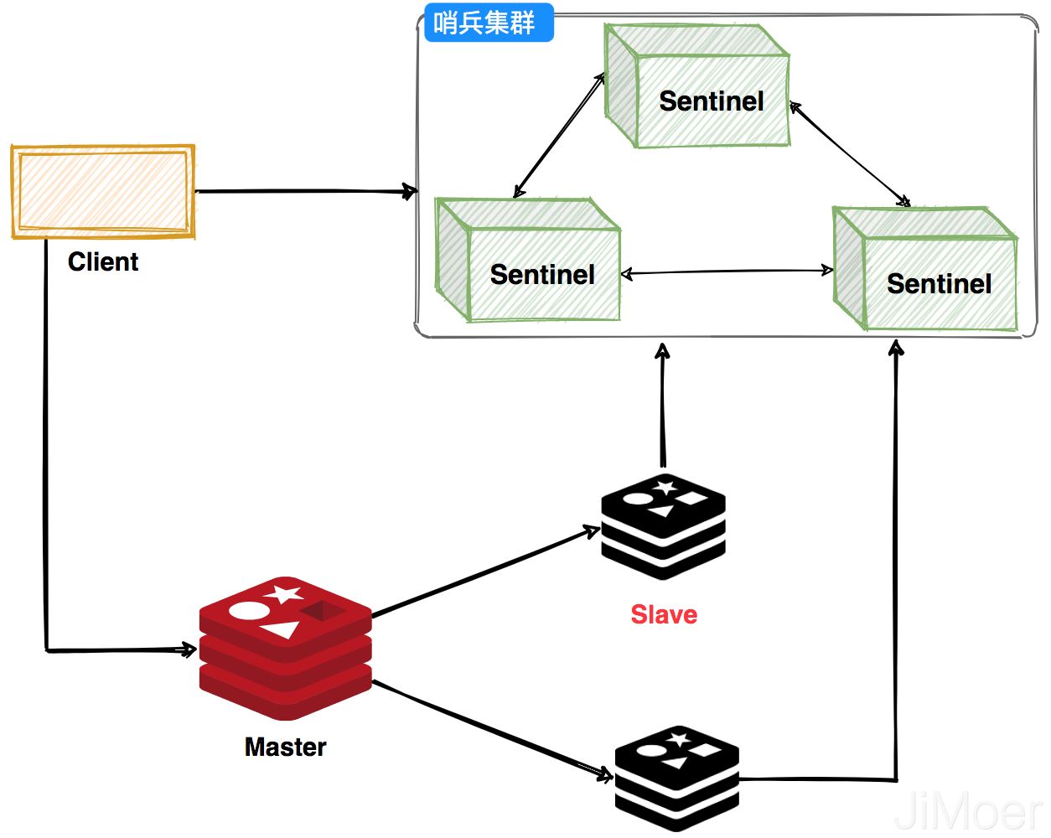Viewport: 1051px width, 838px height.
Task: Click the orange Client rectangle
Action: (103, 192)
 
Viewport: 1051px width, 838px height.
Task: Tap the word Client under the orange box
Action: (103, 262)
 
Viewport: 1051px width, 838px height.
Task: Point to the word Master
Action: (285, 747)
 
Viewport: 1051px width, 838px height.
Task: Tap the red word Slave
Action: (664, 614)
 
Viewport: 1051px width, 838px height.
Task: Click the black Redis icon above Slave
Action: (663, 526)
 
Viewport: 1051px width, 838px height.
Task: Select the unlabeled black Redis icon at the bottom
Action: (676, 779)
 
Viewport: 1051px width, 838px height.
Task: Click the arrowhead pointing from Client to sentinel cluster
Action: (410, 192)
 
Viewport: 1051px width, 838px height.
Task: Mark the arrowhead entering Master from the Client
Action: (188, 649)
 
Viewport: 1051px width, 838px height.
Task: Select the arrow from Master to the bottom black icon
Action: (494, 729)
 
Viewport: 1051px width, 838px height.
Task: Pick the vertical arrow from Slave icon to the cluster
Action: (663, 406)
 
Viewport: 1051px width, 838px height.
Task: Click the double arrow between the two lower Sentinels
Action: (727, 272)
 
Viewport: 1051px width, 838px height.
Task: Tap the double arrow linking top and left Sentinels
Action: (560, 135)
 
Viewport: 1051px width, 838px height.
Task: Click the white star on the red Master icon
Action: (284, 595)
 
